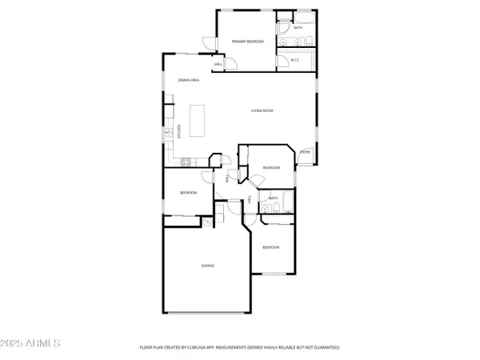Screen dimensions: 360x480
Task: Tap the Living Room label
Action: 262,110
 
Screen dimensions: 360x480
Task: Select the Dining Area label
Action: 189,80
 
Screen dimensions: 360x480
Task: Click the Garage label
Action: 207,265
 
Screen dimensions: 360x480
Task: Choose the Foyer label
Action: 305,151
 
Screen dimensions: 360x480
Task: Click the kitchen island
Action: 197,121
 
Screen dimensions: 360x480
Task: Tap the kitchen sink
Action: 169,133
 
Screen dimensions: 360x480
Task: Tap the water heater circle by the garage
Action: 206,223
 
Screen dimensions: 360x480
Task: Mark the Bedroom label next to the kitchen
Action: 188,193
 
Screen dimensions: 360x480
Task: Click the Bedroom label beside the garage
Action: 271,247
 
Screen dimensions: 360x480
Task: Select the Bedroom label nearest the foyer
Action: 272,167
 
